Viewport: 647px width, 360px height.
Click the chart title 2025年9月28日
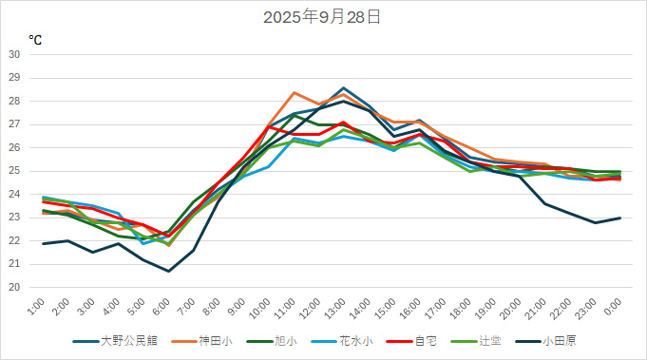pyautogui.click(x=323, y=17)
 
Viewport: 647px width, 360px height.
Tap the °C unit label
pyautogui.click(x=35, y=40)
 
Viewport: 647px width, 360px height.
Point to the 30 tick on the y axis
pyautogui.click(x=14, y=54)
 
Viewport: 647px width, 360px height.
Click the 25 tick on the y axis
pyautogui.click(x=14, y=171)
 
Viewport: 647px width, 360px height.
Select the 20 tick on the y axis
pyautogui.click(x=14, y=287)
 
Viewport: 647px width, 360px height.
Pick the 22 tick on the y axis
pyautogui.click(x=14, y=240)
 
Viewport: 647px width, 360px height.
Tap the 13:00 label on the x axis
pyautogui.click(x=333, y=308)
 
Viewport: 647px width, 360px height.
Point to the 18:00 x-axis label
pyautogui.click(x=459, y=308)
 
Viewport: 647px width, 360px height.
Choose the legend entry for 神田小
pyautogui.click(x=214, y=341)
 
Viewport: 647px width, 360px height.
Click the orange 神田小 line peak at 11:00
pyautogui.click(x=295, y=92)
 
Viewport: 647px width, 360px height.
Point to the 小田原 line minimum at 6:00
pyautogui.click(x=169, y=271)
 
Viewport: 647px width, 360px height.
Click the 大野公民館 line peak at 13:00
pyautogui.click(x=344, y=87)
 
